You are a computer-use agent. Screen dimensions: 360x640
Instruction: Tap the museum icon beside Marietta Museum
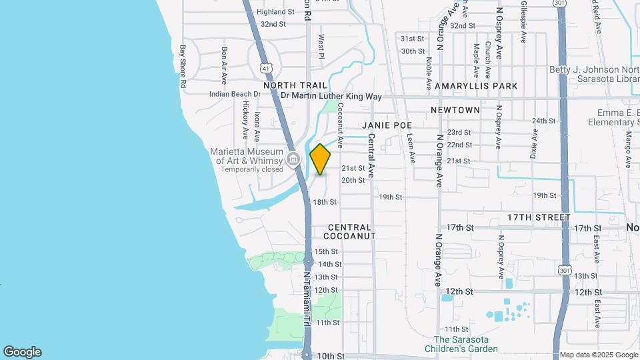293,159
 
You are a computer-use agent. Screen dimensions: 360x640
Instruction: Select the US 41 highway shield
266,68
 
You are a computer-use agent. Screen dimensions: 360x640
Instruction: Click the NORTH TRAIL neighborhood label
295,86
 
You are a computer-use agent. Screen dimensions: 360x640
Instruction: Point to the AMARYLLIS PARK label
476,87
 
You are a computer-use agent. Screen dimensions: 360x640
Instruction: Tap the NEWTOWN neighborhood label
455,109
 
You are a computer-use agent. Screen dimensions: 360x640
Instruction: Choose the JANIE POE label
387,125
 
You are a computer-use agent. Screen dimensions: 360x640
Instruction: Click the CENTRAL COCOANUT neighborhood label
350,231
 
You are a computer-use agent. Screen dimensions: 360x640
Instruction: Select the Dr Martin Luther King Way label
331,97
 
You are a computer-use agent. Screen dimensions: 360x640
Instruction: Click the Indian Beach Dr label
234,94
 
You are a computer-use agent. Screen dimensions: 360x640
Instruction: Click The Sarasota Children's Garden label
466,344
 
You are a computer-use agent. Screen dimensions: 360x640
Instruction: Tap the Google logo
22,352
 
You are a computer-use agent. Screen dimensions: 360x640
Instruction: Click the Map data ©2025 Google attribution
598,354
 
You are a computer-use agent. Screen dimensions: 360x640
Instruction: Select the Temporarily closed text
248,169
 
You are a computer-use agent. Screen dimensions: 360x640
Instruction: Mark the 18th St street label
325,202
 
